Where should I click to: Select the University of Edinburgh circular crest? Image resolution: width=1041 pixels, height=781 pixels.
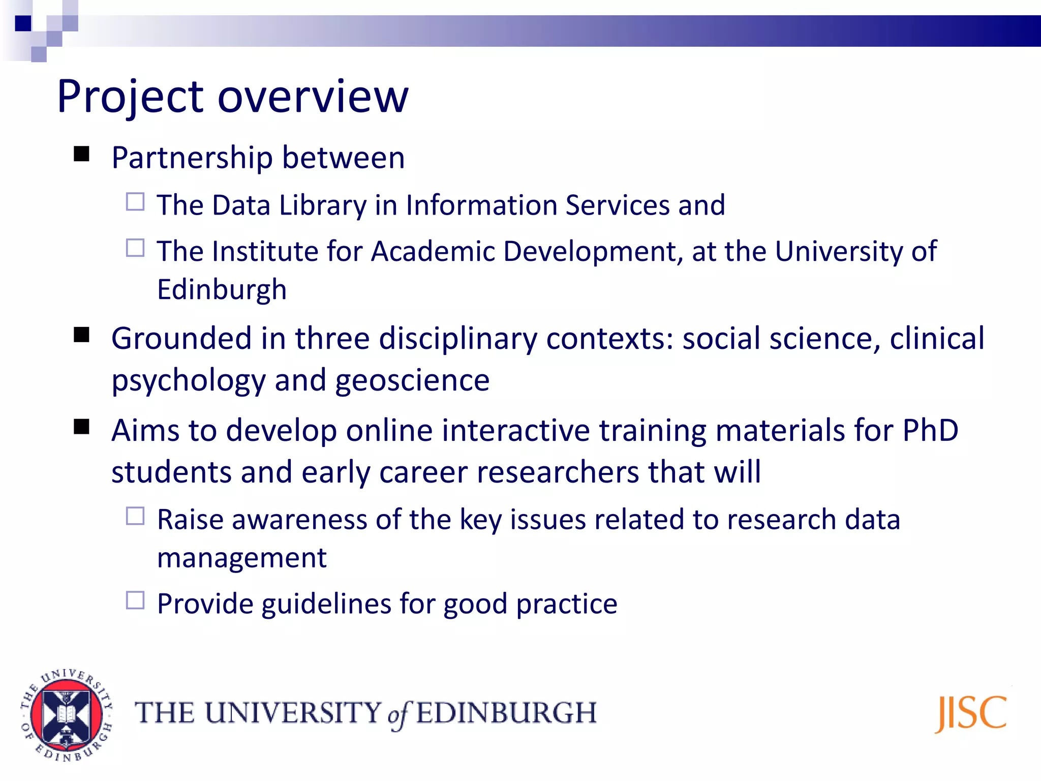[x=66, y=715]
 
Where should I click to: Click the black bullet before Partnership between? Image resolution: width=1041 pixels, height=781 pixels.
[x=81, y=154]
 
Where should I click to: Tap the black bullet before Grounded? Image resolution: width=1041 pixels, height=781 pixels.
[x=81, y=335]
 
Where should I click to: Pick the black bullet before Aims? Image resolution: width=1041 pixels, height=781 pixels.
[x=81, y=427]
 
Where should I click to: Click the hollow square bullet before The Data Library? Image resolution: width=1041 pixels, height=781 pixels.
[x=135, y=202]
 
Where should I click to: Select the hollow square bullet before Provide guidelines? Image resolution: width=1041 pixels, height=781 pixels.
[x=135, y=600]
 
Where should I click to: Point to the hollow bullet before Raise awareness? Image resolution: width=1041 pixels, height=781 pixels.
[x=135, y=516]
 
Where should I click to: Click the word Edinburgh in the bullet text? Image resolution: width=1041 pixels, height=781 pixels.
[x=222, y=290]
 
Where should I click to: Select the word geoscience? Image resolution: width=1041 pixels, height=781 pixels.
[x=412, y=380]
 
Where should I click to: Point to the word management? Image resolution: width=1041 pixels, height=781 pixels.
[x=241, y=558]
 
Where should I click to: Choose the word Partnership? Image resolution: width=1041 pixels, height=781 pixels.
[x=192, y=158]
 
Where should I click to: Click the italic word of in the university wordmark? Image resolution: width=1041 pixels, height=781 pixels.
[x=398, y=714]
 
